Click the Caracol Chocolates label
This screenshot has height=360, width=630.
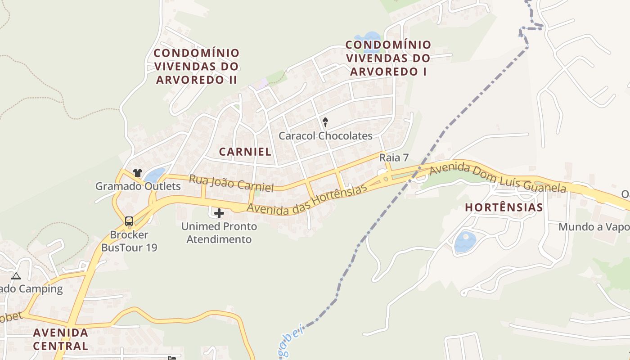(x=325, y=136)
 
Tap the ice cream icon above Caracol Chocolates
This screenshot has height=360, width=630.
(x=325, y=122)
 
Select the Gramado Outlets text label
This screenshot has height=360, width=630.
(x=138, y=186)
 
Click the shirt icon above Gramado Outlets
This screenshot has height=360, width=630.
(x=138, y=173)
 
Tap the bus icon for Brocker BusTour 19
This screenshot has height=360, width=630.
(x=129, y=221)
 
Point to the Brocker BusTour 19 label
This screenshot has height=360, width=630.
(x=129, y=241)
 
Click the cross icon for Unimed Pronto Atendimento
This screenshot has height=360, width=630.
(x=219, y=213)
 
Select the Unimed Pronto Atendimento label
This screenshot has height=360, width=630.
(x=219, y=233)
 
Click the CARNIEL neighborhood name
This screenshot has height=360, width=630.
(x=245, y=152)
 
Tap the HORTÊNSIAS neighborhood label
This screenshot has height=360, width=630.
(x=504, y=207)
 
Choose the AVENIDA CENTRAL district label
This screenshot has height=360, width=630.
(x=61, y=339)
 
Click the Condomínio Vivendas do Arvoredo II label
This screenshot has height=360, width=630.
(x=197, y=66)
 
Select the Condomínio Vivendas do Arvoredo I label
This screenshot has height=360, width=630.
(x=388, y=58)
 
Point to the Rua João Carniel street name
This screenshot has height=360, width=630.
(x=231, y=183)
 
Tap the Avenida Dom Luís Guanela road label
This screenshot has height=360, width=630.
(x=497, y=178)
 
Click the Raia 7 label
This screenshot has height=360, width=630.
(x=394, y=157)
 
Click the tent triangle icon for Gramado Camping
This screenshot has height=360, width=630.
(x=16, y=276)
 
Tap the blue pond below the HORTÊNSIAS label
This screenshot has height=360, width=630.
(x=465, y=241)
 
